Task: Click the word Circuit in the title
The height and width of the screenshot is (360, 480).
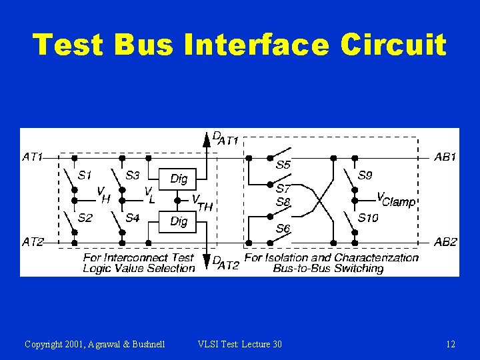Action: [x=393, y=45]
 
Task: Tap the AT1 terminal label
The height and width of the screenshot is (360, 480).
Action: [x=32, y=157]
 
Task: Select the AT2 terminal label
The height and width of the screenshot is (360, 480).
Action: [x=32, y=242]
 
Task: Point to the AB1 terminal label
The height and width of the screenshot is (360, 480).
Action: [x=445, y=157]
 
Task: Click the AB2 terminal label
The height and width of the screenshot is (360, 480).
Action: [x=445, y=242]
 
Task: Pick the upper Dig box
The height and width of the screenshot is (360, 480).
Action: [x=179, y=179]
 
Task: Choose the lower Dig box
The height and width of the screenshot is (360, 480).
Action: [x=179, y=221]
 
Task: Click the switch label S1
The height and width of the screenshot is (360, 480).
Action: [x=85, y=176]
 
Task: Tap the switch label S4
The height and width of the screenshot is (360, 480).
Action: [x=132, y=218]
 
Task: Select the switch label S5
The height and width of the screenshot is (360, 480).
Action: [x=283, y=164]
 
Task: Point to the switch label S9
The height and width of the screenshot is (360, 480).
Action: [x=365, y=176]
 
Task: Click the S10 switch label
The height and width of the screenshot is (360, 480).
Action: [x=368, y=218]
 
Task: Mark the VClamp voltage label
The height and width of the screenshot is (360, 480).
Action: [x=396, y=199]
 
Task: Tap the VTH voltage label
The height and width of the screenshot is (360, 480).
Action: [x=201, y=203]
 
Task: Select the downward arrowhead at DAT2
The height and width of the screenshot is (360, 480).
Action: [x=207, y=262]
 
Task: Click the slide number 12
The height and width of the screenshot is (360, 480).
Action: [x=451, y=344]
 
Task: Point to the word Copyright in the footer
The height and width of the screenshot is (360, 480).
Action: [x=46, y=344]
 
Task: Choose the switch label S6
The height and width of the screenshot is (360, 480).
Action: [x=283, y=229]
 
